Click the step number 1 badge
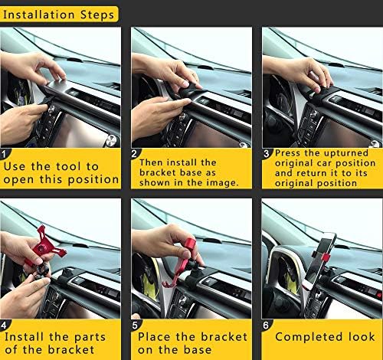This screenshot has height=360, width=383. point(5,153)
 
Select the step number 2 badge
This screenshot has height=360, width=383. point(136,153)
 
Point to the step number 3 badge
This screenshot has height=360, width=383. point(267,153)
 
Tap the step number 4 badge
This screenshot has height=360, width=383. point(5,324)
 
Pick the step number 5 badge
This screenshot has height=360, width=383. point(136,324)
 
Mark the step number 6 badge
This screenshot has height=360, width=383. point(267,324)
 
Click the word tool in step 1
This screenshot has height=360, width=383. point(82,166)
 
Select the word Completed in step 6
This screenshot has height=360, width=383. point(306,337)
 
